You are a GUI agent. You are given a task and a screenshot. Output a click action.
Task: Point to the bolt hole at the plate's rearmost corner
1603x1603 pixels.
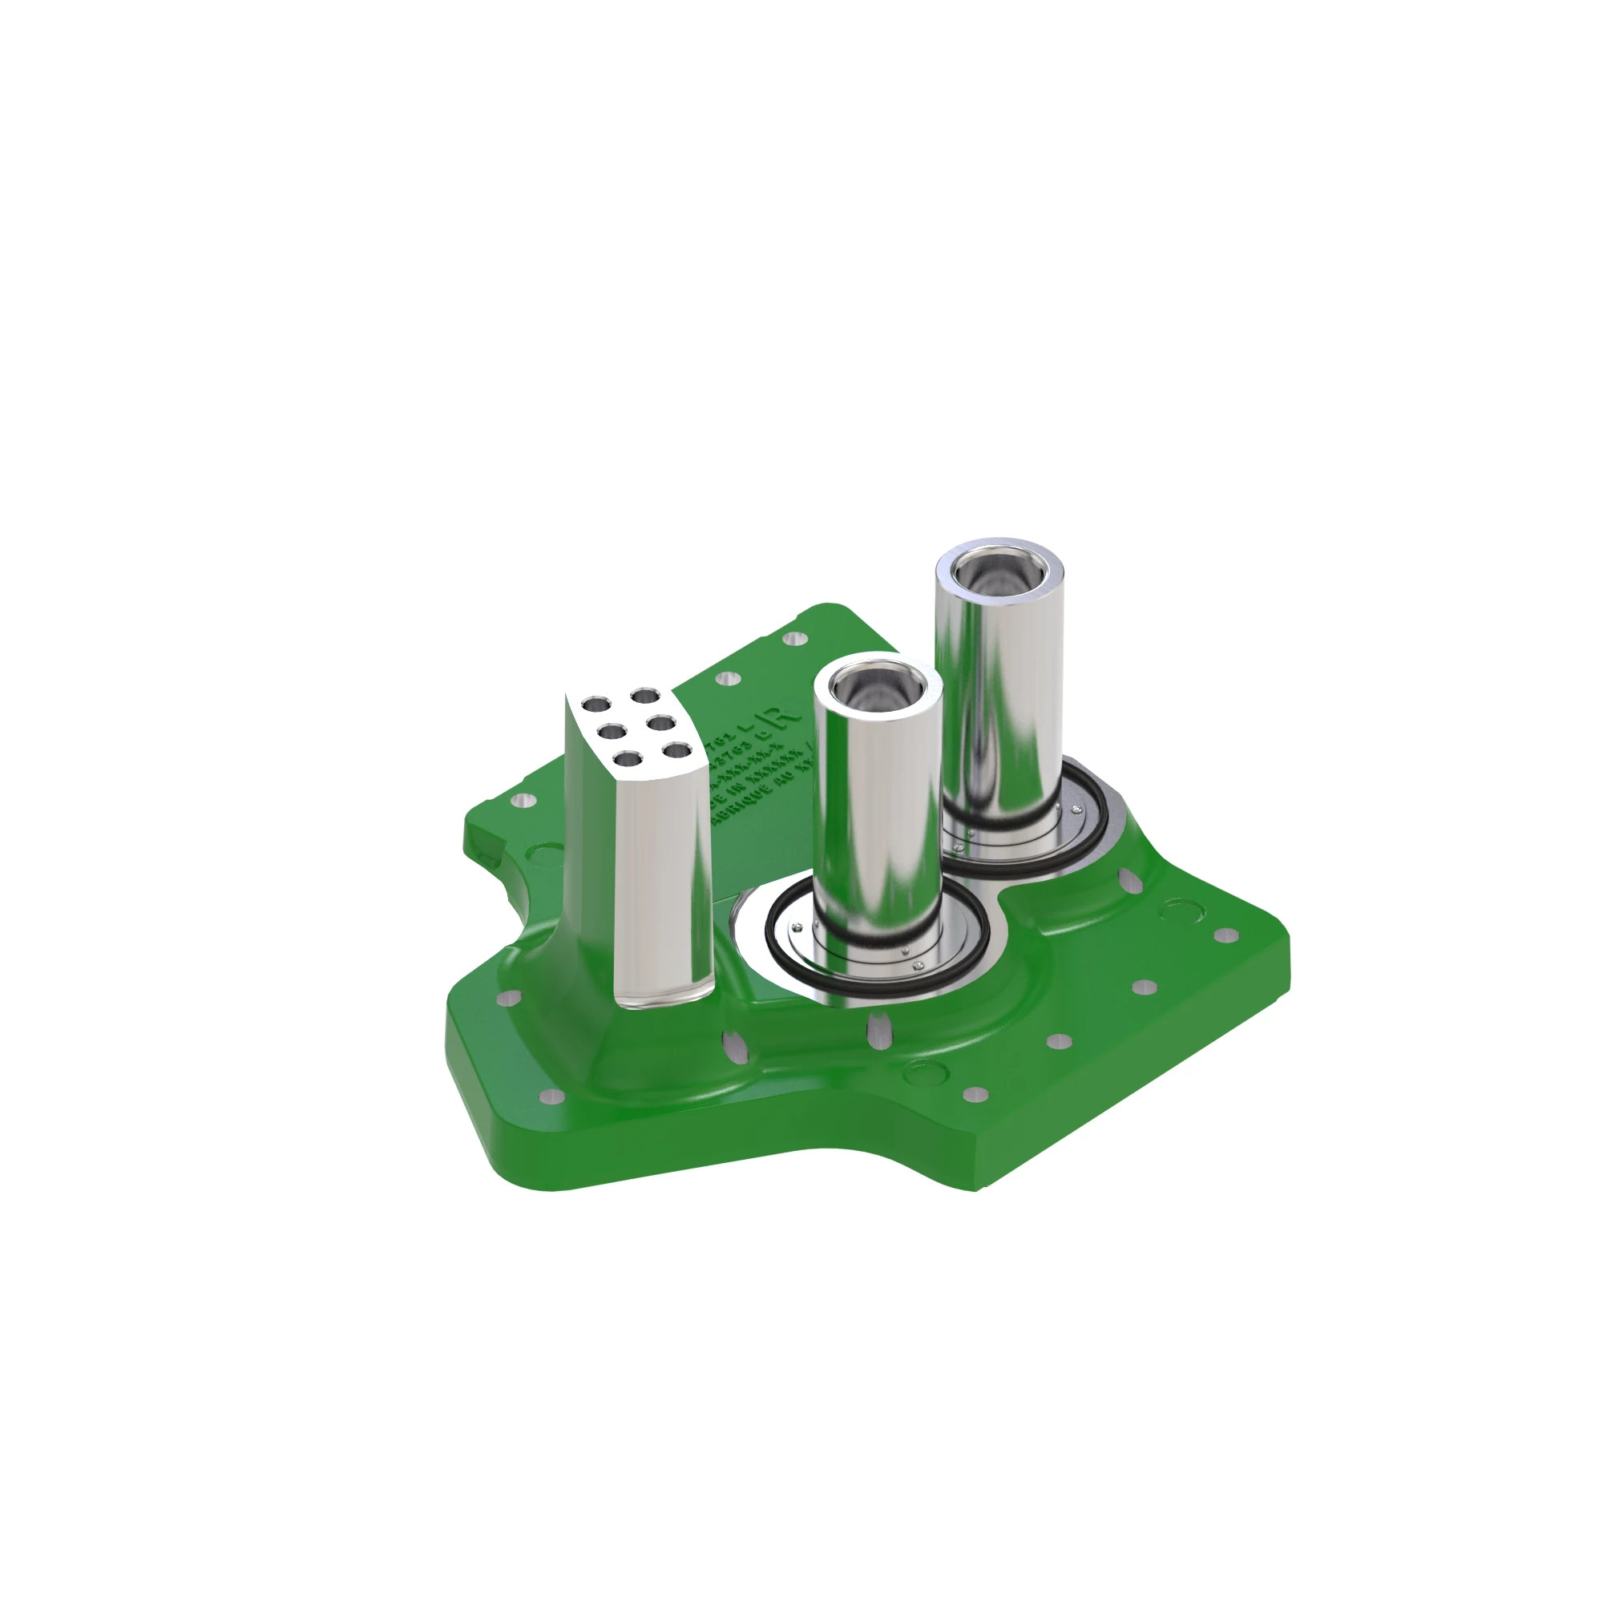point(795,639)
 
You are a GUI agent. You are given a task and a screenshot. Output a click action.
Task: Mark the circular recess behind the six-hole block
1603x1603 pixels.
point(547,854)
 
